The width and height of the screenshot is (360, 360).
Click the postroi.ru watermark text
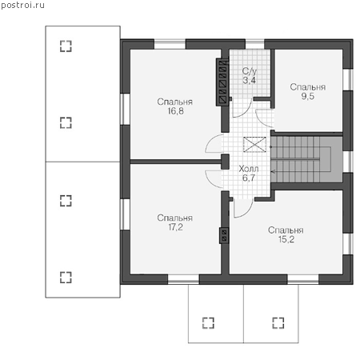(22, 5)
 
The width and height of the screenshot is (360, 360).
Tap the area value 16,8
(175, 111)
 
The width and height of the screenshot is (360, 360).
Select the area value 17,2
(175, 227)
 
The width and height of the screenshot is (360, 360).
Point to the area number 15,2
(286, 239)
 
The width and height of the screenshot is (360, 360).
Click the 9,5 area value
(308, 96)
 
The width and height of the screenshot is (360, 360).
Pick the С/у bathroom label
(250, 71)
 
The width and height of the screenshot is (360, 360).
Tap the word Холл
(249, 169)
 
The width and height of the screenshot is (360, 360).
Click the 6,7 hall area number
(249, 178)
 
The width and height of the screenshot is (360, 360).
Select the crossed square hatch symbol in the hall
(254, 145)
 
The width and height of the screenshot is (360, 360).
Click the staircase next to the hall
(306, 159)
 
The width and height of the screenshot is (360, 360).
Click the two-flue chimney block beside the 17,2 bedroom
(224, 235)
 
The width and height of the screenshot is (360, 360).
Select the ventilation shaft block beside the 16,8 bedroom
(222, 82)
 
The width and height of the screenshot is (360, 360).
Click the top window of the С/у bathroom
(254, 44)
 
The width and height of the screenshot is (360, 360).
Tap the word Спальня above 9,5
(308, 87)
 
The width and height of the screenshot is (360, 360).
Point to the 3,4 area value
(250, 80)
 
